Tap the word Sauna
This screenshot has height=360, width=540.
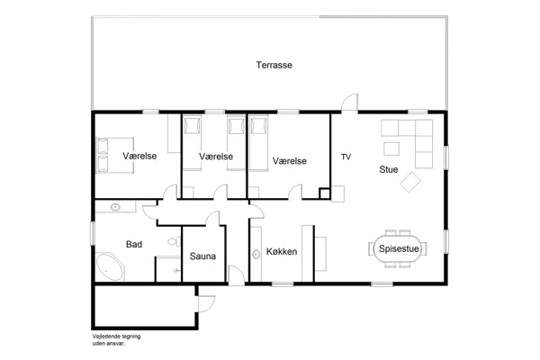[202, 256]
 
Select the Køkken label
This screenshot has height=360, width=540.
[281, 252]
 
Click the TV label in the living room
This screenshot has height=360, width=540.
[346, 157]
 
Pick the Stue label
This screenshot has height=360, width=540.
[388, 168]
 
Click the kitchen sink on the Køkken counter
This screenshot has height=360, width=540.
[257, 254]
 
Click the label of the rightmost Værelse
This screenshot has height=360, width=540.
[290, 160]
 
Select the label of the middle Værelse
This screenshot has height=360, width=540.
[216, 156]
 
